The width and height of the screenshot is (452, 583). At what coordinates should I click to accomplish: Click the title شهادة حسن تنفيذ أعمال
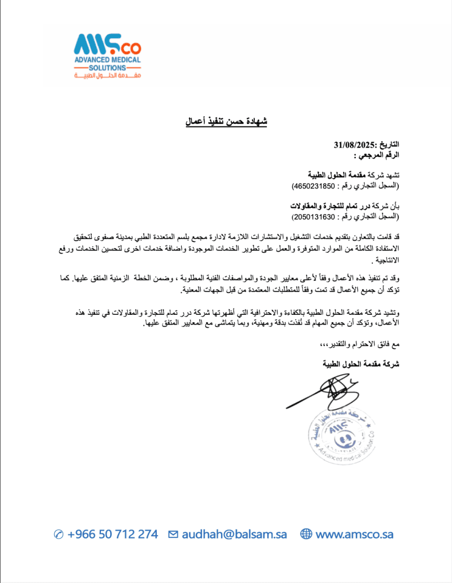226,122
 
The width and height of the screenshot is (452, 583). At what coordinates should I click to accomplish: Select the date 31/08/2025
352,145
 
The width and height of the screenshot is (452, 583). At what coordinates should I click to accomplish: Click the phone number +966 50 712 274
112,534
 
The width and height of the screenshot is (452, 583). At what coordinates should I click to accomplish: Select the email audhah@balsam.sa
234,534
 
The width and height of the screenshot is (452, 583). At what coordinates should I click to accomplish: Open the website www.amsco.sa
354,534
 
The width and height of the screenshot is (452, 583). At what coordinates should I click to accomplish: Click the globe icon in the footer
306,534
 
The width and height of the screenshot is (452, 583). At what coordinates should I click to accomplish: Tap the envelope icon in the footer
173,534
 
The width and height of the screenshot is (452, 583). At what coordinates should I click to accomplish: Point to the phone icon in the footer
58,534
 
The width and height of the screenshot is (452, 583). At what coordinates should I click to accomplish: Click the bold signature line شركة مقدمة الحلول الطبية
361,363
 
